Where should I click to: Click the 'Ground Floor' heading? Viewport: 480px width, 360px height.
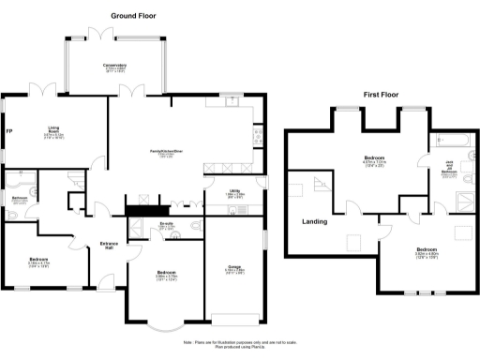133,16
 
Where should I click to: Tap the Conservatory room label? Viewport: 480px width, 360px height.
114,67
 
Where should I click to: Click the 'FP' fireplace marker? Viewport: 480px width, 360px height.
8,131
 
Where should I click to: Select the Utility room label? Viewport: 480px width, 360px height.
236,194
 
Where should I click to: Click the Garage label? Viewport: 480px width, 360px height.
232,269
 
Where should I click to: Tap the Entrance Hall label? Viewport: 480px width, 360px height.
110,247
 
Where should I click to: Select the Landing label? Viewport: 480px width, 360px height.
314,222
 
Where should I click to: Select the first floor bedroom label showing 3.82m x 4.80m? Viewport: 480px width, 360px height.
427,251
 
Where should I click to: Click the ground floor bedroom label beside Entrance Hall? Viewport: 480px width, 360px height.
39,261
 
